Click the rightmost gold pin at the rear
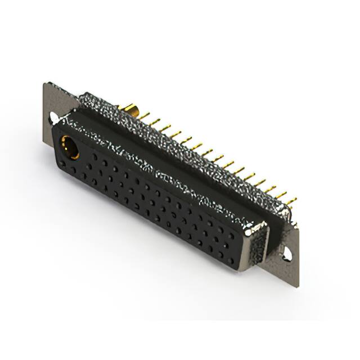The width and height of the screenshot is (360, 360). point(290,201)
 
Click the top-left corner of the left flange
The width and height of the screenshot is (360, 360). point(45,84)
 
